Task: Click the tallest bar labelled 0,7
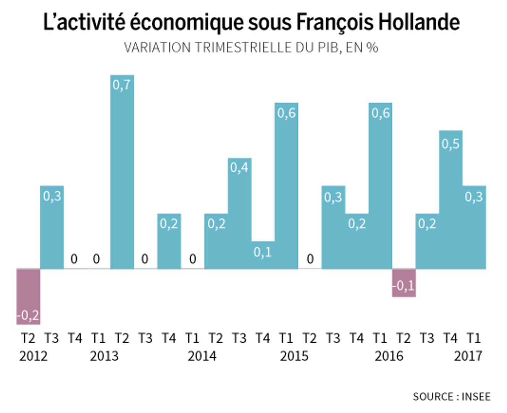tap(122, 172)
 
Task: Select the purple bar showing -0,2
tap(28, 296)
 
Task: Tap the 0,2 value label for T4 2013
tap(169, 224)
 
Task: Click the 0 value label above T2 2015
tap(310, 259)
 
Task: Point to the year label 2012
tap(34, 356)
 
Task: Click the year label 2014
tap(202, 356)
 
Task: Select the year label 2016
tap(389, 356)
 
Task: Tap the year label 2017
tap(468, 356)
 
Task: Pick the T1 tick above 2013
tap(98, 338)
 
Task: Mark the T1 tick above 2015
tap(286, 338)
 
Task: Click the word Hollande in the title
tap(419, 22)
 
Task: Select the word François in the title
tap(335, 22)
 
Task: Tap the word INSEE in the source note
tap(476, 397)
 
